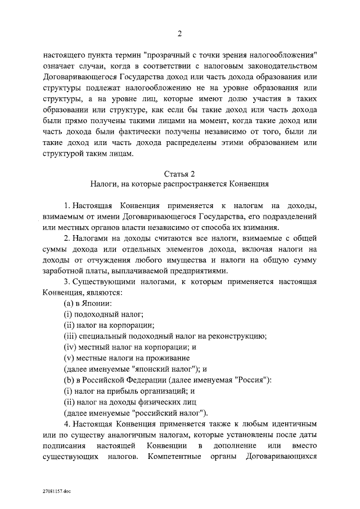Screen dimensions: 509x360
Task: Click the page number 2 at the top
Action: coord(180,33)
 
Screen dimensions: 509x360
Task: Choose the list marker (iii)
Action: coord(70,336)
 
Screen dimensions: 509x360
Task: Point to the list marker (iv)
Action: coord(70,347)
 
